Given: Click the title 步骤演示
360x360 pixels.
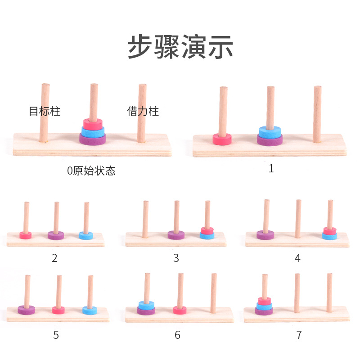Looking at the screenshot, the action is click(x=180, y=46).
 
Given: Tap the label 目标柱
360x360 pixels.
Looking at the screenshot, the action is click(x=45, y=112).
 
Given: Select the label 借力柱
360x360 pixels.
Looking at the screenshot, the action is click(x=143, y=112).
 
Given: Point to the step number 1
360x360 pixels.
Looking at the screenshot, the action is click(x=271, y=169).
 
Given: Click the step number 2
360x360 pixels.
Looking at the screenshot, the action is click(x=55, y=258).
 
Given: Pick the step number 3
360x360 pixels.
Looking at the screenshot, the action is click(x=176, y=258).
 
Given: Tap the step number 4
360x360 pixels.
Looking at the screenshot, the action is click(x=297, y=258).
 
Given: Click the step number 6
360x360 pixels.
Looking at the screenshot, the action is click(x=177, y=335).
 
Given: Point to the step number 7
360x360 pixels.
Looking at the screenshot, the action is click(x=299, y=335).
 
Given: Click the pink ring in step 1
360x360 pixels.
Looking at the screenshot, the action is click(x=222, y=139).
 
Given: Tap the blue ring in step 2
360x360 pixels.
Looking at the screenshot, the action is click(x=85, y=235).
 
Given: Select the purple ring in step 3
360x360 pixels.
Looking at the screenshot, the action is click(x=176, y=235).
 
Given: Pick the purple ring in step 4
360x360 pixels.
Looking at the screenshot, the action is click(x=265, y=234).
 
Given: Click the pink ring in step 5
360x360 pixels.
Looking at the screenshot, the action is click(x=58, y=310).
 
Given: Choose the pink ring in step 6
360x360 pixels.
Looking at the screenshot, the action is click(x=180, y=310).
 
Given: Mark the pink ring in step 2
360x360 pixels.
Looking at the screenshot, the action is click(x=26, y=235).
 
